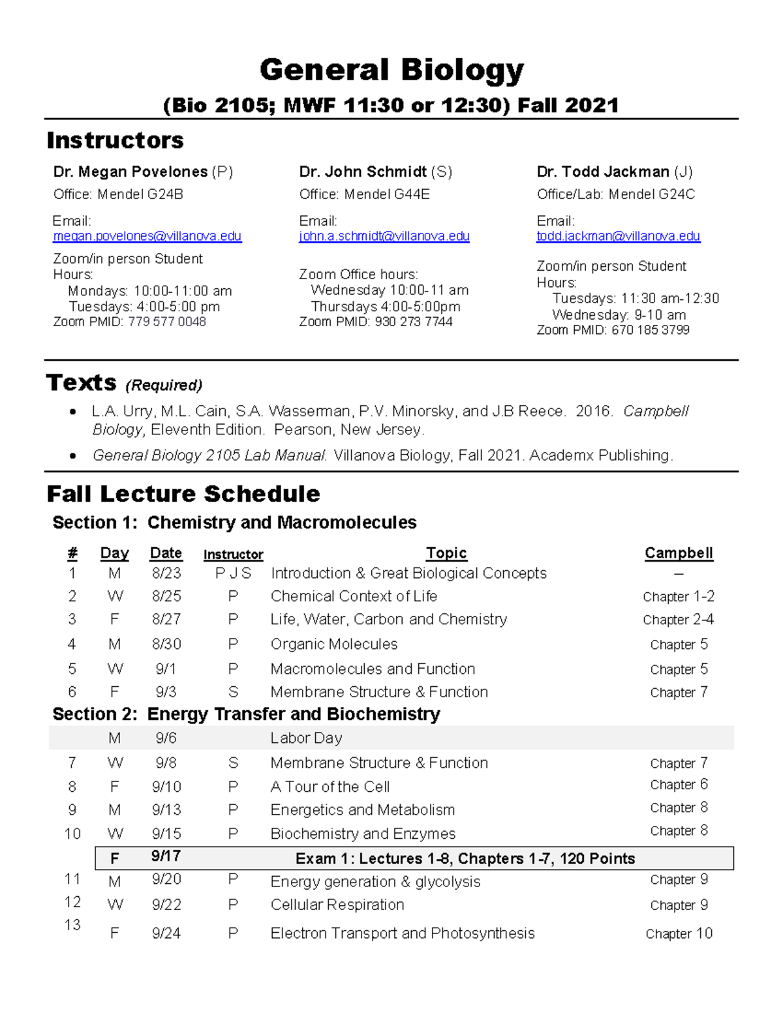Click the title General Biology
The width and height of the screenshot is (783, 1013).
(x=391, y=70)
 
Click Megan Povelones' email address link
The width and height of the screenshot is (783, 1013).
(x=147, y=236)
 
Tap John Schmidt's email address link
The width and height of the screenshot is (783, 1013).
(x=384, y=236)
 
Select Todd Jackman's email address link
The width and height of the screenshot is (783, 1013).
(x=618, y=236)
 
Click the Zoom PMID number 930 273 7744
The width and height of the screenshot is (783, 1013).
(x=414, y=322)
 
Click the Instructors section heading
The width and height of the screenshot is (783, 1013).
(x=115, y=140)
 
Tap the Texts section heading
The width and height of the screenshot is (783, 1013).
(x=82, y=383)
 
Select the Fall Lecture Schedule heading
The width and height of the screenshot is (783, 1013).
(x=183, y=494)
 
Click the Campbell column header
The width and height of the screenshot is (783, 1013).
(x=679, y=553)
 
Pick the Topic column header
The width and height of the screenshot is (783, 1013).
(x=446, y=553)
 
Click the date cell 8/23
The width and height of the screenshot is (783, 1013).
(x=166, y=573)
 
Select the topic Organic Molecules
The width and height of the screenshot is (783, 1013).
(x=334, y=644)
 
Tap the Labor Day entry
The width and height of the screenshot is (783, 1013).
(x=306, y=738)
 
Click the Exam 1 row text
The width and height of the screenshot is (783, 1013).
(x=465, y=858)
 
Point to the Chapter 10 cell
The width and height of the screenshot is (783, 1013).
(x=679, y=934)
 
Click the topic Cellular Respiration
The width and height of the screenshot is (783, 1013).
(x=337, y=905)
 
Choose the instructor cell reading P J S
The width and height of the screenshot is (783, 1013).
(x=233, y=573)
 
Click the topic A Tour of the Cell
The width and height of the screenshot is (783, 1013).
(x=330, y=787)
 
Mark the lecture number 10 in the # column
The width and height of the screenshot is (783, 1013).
(x=72, y=834)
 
